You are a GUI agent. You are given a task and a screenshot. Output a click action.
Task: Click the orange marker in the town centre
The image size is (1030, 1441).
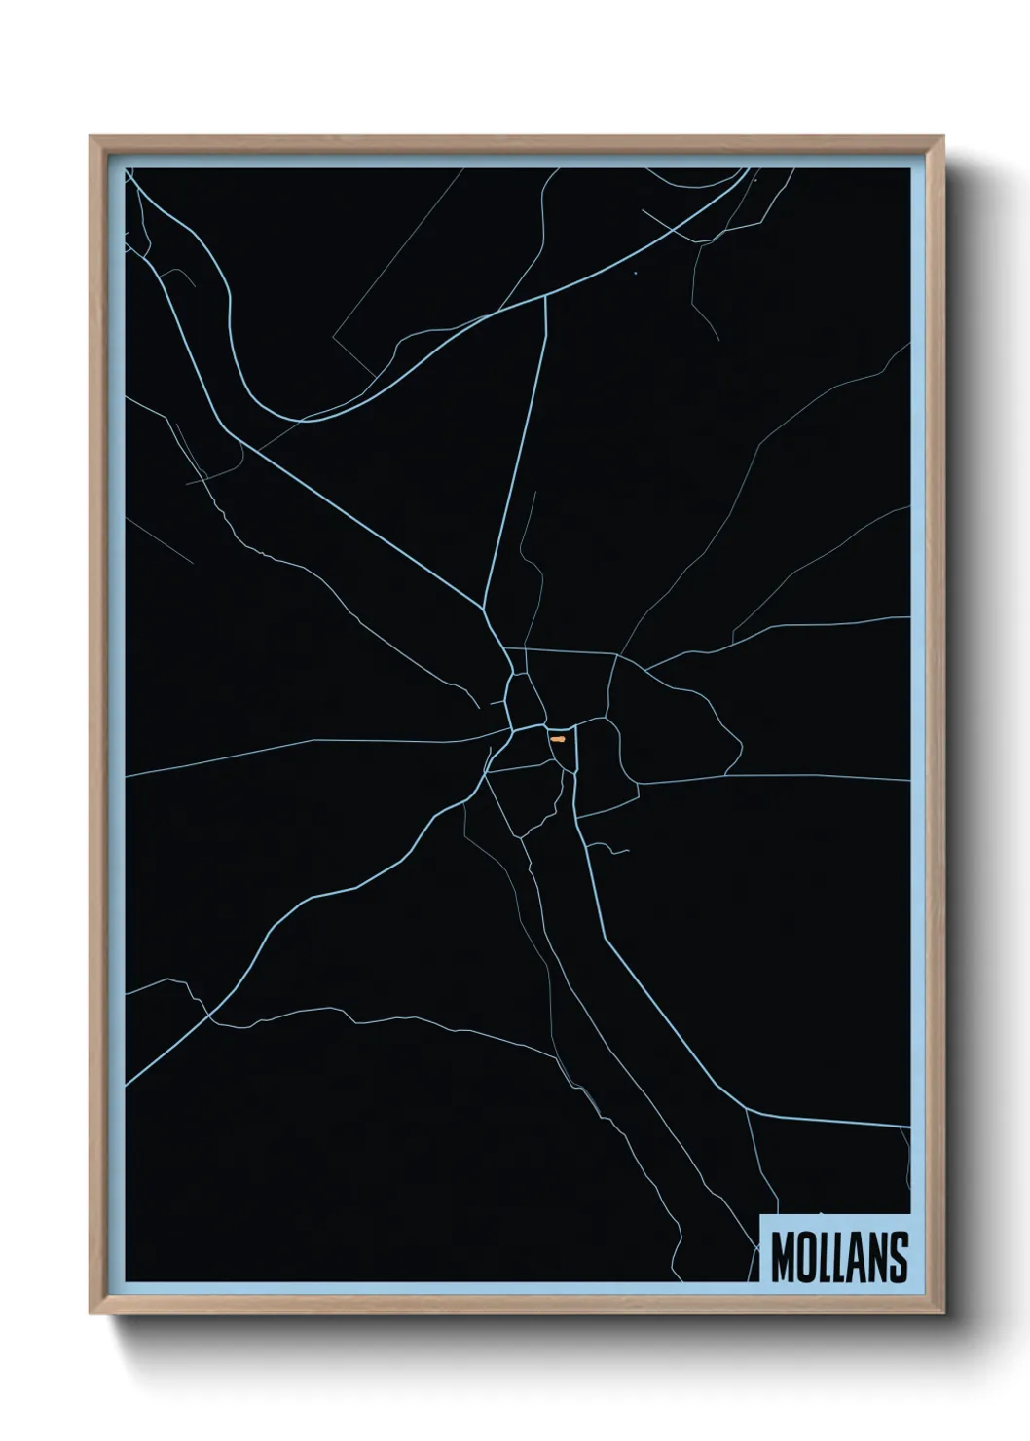[x=557, y=739]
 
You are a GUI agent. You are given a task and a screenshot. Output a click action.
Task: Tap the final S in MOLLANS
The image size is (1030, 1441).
[x=900, y=1257]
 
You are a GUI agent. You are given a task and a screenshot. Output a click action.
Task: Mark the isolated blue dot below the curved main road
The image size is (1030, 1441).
[x=635, y=272]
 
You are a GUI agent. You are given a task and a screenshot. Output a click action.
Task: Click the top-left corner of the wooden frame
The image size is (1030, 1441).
[x=91, y=137]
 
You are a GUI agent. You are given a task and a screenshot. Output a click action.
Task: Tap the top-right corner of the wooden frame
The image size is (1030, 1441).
[x=944, y=137]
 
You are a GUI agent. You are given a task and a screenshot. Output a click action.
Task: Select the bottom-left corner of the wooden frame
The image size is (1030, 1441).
[x=91, y=1314]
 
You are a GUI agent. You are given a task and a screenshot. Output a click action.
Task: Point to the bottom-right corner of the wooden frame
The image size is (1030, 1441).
[x=944, y=1314]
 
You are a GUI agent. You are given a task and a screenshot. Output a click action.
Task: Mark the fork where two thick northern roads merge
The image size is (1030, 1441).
[x=484, y=606]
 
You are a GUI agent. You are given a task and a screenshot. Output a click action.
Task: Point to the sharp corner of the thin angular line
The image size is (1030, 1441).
[x=333, y=338]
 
